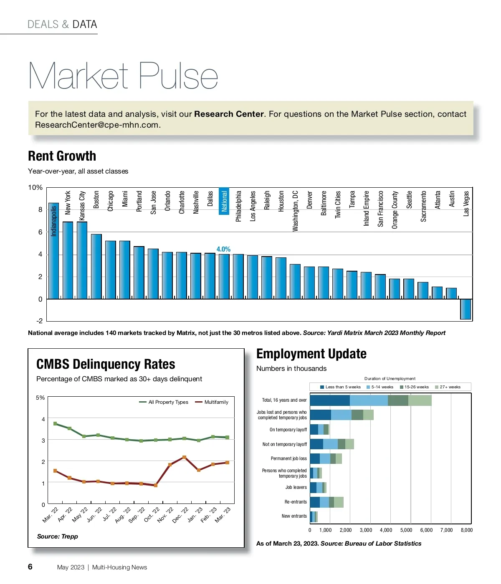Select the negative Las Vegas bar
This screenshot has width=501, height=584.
[466, 309]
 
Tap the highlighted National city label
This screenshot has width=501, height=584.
[224, 201]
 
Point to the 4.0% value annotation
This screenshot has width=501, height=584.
[223, 249]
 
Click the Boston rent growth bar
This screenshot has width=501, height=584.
[96, 267]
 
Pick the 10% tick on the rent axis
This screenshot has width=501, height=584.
[35, 188]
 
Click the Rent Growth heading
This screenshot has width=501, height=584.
[62, 156]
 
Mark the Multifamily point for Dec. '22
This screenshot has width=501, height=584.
[184, 457]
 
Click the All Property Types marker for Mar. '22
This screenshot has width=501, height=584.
[55, 423]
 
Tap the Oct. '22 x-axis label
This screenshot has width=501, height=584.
[152, 515]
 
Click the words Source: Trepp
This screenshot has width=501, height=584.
[57, 536]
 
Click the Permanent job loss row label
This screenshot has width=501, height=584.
[288, 458]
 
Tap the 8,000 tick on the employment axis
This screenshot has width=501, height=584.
[466, 530]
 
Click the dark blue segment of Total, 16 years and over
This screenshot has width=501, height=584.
[329, 400]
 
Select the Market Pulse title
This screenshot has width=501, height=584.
[123, 76]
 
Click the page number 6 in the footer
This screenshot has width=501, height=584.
[30, 566]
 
